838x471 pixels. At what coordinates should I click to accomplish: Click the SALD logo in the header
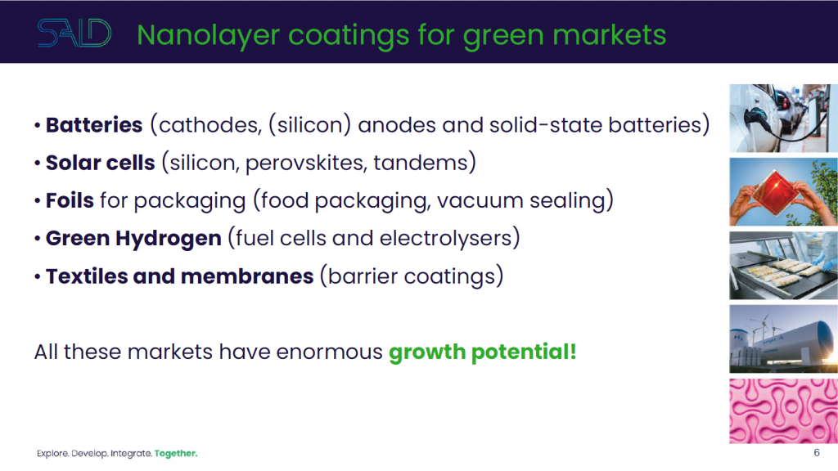74,33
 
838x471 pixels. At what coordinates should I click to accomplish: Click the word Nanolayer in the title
209,36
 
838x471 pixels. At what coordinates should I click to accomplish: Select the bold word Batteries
94,125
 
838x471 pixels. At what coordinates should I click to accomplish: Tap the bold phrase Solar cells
101,163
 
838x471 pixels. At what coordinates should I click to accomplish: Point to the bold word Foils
70,200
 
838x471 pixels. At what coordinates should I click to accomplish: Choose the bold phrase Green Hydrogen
133,239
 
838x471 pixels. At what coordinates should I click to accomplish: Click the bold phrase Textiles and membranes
179,276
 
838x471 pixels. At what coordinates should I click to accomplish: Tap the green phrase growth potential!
483,352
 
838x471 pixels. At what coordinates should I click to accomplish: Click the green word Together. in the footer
176,453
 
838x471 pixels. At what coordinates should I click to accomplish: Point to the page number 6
817,453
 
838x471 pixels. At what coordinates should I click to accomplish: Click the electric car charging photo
783,118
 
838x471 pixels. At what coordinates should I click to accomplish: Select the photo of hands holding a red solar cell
783,191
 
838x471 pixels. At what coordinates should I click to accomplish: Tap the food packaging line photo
783,266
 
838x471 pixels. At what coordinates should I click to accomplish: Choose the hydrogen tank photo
783,339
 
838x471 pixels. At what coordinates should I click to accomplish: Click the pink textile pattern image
783,411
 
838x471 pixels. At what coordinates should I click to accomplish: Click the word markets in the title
609,36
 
